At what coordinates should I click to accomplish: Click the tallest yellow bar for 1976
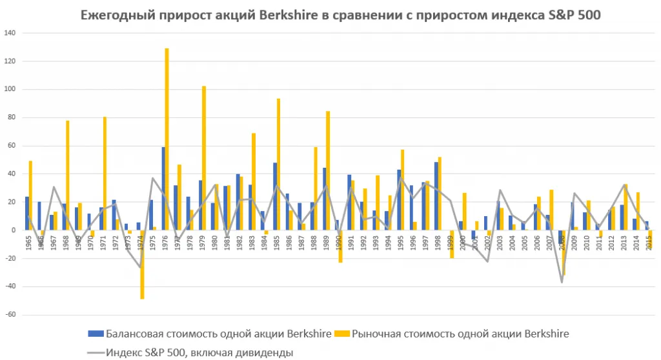pos(167,139)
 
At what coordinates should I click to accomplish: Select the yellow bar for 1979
pos(204,148)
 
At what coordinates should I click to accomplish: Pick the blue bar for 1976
pos(163,188)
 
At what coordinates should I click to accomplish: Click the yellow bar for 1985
pos(278,164)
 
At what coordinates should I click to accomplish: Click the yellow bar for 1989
pos(328,170)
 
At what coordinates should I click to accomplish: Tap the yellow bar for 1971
pos(105,173)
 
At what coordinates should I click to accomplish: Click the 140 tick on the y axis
pos(12,33)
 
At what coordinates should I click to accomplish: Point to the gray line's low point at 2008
pos(562,282)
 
